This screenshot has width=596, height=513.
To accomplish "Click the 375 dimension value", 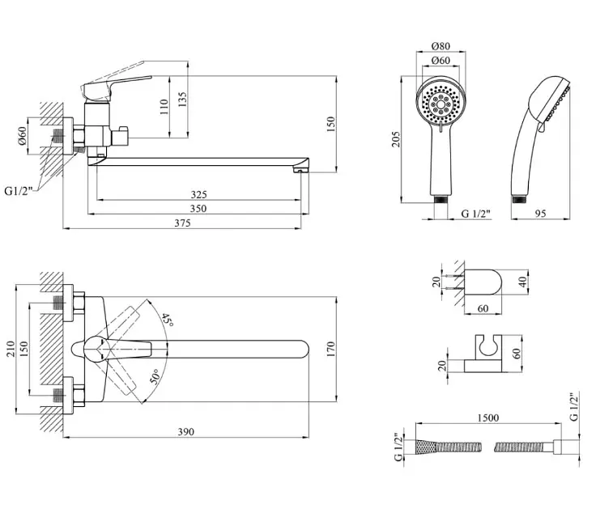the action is pos(182,223).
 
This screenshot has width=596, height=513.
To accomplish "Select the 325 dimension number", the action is pos(198,195).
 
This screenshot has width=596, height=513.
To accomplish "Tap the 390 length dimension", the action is pos(186,432).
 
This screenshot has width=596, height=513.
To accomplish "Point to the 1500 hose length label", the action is pos(488,418).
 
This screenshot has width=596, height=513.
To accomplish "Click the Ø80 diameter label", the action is pos(441,46).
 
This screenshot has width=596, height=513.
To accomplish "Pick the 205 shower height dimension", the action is pos(396,139).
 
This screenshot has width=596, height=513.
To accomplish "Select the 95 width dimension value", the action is pos(540,214).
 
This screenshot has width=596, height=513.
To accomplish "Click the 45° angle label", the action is pos(168,320).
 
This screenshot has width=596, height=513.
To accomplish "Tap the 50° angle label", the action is pos(155,377).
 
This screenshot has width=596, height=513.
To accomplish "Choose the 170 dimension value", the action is pos(330,349).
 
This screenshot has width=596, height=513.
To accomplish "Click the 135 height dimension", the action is pos(182,99).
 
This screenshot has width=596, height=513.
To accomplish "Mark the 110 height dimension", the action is pos(164,107).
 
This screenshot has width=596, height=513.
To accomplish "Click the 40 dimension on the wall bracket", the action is pos(523,282).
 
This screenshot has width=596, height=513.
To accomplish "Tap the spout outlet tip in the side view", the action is pos(300,171).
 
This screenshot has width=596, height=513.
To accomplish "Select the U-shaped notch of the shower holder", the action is pos(488,344).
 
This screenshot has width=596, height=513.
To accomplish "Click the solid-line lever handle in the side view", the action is pos(116,86).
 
